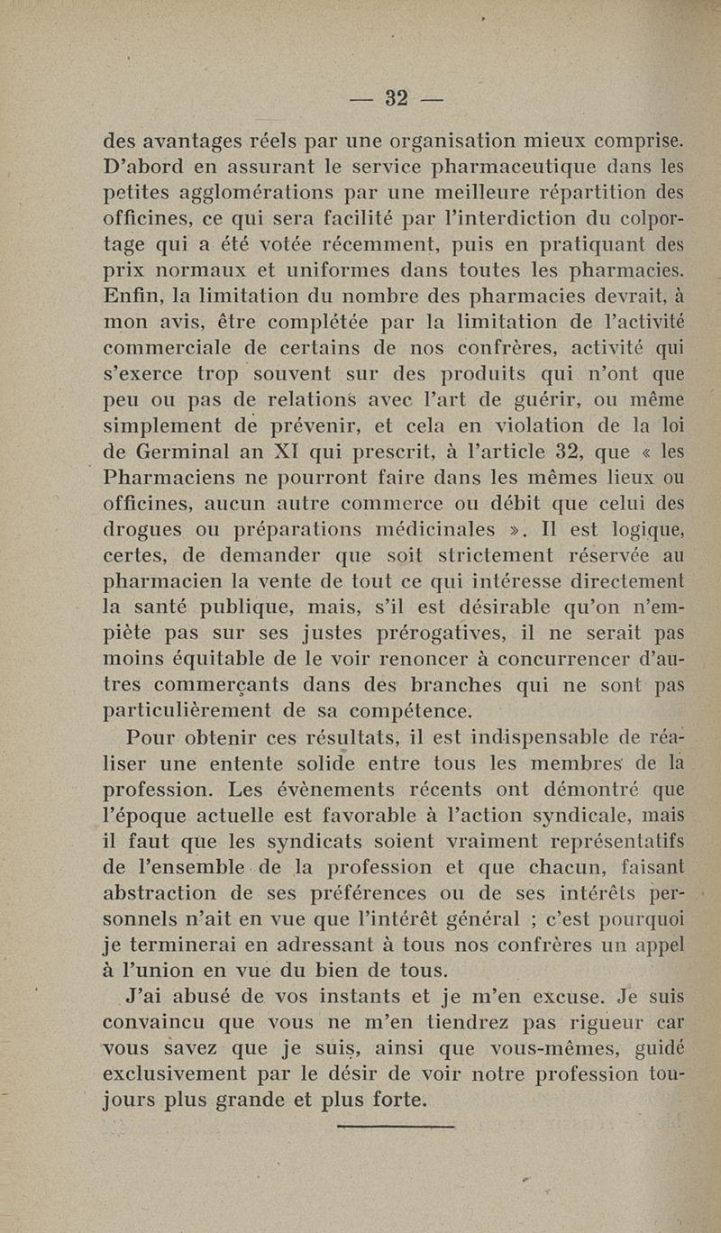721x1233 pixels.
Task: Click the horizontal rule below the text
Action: click(x=396, y=1126)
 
